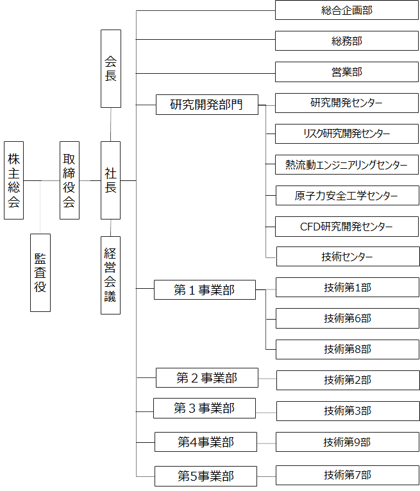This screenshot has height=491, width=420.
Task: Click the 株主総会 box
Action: click(13, 180)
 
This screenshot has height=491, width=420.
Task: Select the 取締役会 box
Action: click(69, 180)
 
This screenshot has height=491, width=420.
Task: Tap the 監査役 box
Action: click(40, 273)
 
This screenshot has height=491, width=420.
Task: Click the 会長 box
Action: click(111, 69)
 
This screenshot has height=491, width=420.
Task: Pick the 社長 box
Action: click(110, 180)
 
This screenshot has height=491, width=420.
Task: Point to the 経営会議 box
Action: click(110, 275)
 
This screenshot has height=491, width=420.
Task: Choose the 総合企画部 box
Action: click(347, 10)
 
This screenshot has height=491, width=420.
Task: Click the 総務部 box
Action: click(347, 40)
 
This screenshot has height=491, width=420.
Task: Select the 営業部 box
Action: click(347, 72)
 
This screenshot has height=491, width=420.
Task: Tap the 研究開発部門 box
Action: click(207, 105)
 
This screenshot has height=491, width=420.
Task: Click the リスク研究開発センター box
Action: click(347, 134)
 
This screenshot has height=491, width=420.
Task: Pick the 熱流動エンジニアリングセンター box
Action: click(347, 164)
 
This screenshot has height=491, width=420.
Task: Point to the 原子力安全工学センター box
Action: click(347, 195)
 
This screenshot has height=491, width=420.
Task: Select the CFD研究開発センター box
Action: click(347, 227)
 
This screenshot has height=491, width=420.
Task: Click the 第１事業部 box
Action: click(205, 289)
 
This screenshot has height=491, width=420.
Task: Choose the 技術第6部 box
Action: click(348, 318)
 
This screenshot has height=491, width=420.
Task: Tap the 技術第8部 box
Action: click(348, 349)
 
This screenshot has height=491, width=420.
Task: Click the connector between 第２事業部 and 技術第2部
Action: click(267, 379)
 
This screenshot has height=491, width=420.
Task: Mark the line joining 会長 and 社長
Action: click(111, 125)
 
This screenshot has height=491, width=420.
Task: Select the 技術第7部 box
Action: click(348, 476)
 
